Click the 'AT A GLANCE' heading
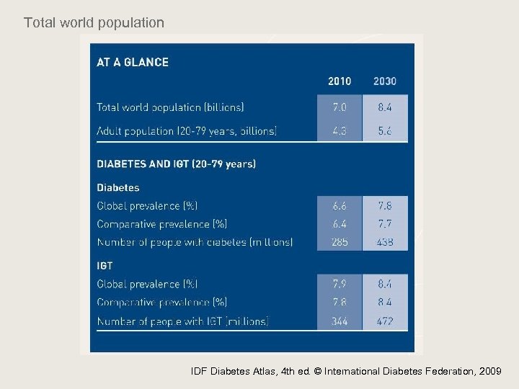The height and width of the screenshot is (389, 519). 133,62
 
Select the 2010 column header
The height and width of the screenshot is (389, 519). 340,81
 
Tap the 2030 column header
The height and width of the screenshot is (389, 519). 384,81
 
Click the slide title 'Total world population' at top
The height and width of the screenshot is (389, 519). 94,23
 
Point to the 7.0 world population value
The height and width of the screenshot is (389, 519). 340,107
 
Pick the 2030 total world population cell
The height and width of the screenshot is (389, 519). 384,107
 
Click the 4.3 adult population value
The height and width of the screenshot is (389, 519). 340,130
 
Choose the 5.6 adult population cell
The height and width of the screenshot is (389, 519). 384,130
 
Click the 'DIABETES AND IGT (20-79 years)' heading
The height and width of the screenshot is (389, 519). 176,164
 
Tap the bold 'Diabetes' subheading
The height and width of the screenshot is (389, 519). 118,187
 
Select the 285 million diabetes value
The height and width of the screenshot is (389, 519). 340,242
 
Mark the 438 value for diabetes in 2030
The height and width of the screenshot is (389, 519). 384,242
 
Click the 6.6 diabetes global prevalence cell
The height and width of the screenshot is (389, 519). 340,205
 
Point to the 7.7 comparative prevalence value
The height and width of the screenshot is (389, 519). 384,223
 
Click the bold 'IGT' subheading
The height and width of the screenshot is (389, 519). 105,266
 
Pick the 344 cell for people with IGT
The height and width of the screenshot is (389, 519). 340,321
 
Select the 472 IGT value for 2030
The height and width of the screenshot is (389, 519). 384,321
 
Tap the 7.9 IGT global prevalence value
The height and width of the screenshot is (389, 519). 340,284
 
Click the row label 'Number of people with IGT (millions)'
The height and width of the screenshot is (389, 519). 182,321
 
